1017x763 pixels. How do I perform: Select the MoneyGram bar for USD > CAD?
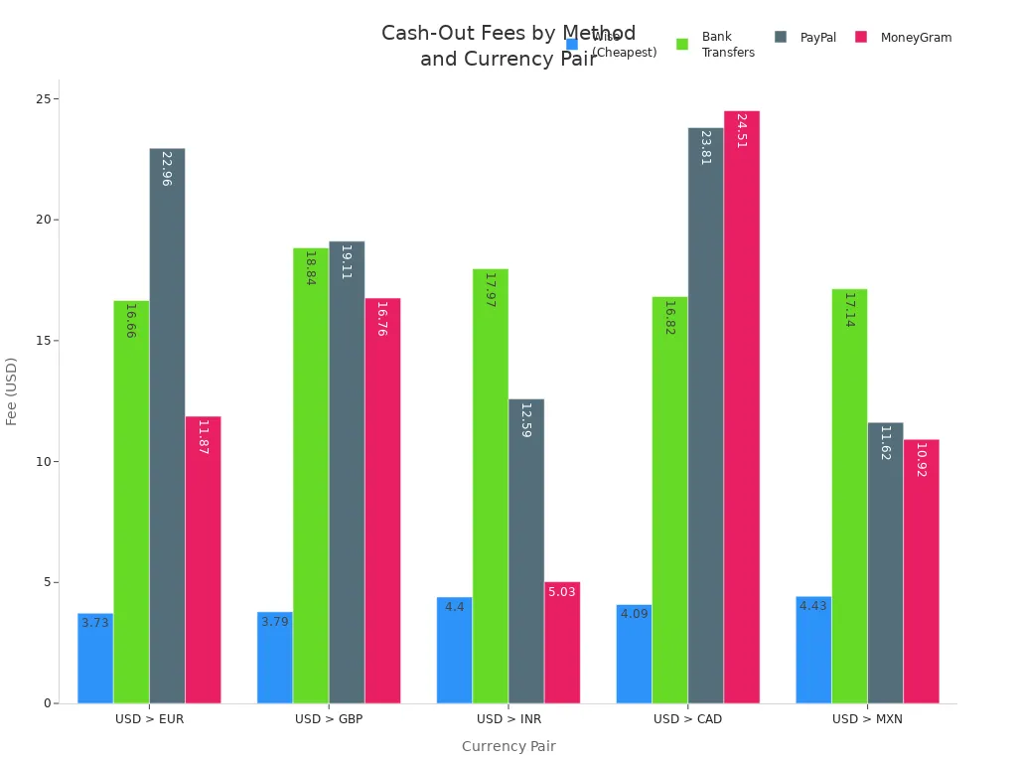pyautogui.click(x=741, y=406)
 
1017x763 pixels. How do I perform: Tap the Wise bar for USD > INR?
pyautogui.click(x=454, y=650)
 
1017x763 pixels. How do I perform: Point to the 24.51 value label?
pyautogui.click(x=741, y=131)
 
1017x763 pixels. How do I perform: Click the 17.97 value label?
pyautogui.click(x=490, y=289)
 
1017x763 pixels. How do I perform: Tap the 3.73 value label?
pyautogui.click(x=95, y=623)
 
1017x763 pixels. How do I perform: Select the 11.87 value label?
pyautogui.click(x=203, y=437)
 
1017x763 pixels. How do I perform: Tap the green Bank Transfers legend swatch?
pyautogui.click(x=682, y=44)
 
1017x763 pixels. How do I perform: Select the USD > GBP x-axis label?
pyautogui.click(x=329, y=719)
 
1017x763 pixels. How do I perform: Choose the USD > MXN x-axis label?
pyautogui.click(x=867, y=719)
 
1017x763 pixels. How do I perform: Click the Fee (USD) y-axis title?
pyautogui.click(x=13, y=390)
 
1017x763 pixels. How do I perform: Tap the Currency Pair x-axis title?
pyautogui.click(x=508, y=746)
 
